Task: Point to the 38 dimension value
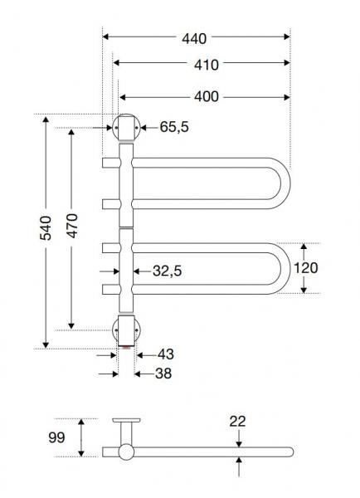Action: (x=163, y=373)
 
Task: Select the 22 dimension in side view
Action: (x=239, y=421)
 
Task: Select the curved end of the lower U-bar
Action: (x=282, y=268)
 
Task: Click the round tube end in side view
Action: (x=125, y=452)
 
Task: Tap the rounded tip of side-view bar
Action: (x=290, y=452)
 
